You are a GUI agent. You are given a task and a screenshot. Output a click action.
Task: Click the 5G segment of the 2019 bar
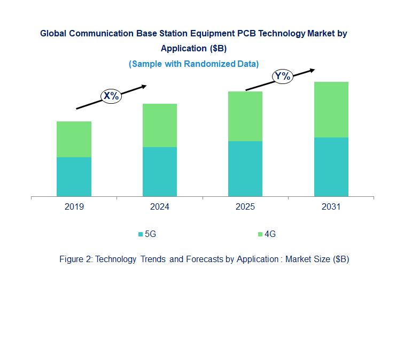point(74,177)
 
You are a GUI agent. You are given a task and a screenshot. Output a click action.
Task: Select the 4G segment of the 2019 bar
point(74,139)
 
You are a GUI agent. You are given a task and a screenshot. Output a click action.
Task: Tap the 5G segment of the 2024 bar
point(160,172)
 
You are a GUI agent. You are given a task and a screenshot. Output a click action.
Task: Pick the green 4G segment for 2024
point(160,125)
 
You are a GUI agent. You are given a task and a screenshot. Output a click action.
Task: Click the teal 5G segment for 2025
point(245,168)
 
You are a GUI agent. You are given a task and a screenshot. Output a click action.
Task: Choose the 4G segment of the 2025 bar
point(245,116)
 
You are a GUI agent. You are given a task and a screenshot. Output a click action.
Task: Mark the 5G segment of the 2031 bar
point(331,167)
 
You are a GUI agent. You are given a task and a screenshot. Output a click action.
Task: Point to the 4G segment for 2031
point(331,110)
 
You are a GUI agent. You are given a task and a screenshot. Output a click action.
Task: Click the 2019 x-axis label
point(74,207)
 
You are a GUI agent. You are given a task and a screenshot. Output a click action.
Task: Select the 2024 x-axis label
point(160,207)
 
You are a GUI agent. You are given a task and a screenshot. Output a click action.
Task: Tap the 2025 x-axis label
point(245,207)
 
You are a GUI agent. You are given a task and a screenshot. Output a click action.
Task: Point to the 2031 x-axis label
point(331,207)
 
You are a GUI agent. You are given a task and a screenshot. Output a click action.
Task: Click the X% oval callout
point(112,96)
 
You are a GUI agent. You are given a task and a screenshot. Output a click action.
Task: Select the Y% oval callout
point(282,76)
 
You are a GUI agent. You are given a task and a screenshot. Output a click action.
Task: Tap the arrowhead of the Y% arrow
point(312,70)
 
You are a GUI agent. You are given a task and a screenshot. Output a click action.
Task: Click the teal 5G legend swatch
point(141,234)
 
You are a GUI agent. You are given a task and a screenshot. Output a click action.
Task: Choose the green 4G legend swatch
point(260,234)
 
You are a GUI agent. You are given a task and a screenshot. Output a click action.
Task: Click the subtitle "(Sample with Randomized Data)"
point(193,64)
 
